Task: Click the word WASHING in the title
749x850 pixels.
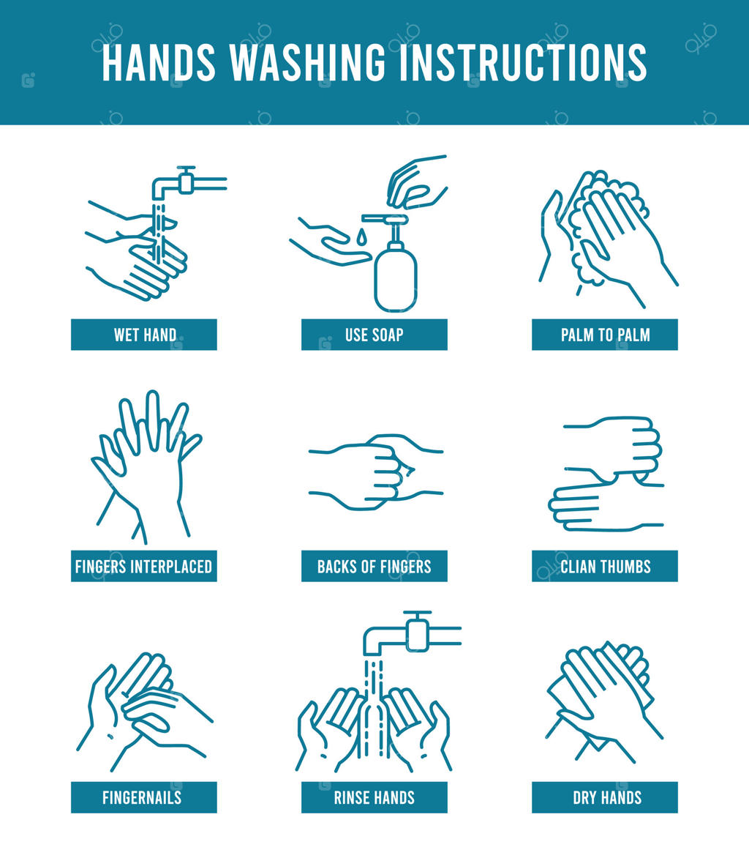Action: tap(308, 62)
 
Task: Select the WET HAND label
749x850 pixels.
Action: tap(144, 335)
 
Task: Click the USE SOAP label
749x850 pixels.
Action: tap(374, 335)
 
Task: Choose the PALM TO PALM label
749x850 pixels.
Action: tap(605, 335)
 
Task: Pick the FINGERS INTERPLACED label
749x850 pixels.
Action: tap(144, 566)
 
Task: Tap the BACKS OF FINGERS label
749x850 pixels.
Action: tap(374, 566)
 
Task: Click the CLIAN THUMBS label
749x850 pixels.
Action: tap(605, 566)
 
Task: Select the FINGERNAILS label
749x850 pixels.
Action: tap(144, 797)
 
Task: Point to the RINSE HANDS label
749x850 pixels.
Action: tap(374, 797)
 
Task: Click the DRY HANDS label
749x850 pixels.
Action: tap(605, 797)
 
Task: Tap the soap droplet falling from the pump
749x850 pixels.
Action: tap(361, 237)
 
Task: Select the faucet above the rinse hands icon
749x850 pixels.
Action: tap(412, 634)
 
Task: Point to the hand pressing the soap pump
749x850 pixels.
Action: tap(416, 182)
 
